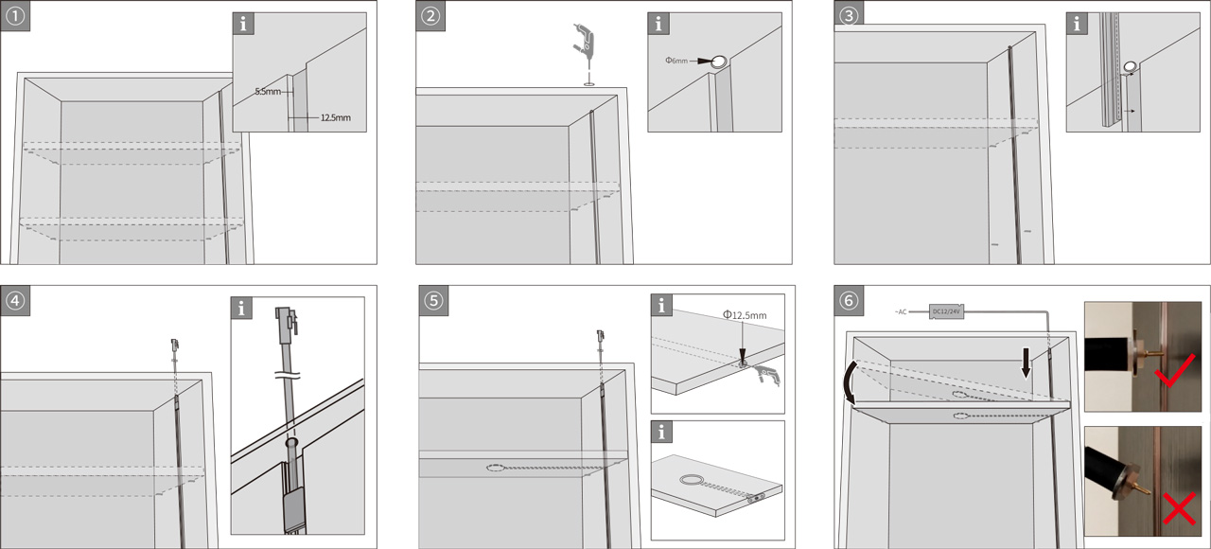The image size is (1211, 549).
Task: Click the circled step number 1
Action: pyautogui.click(x=15, y=16)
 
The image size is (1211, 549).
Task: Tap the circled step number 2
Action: pyautogui.click(x=431, y=16)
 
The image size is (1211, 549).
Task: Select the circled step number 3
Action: pyautogui.click(x=849, y=16)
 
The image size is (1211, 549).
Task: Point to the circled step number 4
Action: pyautogui.click(x=15, y=301)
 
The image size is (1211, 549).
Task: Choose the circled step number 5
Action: pyautogui.click(x=431, y=301)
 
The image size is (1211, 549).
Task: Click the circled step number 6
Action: pyautogui.click(x=849, y=301)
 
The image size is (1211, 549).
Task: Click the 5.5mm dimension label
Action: pyautogui.click(x=268, y=93)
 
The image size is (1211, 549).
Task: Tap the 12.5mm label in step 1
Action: pyautogui.click(x=336, y=118)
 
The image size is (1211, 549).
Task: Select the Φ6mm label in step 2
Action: pyautogui.click(x=677, y=61)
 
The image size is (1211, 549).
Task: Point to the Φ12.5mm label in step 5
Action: pyautogui.click(x=744, y=315)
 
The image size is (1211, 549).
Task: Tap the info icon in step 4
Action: pyautogui.click(x=244, y=309)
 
